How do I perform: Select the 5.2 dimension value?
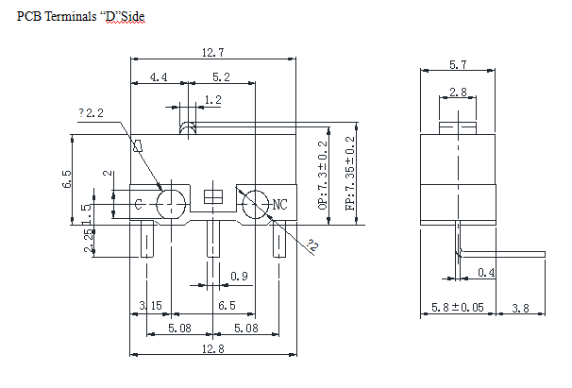(x=222, y=77)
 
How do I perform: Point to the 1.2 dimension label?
(x=212, y=99)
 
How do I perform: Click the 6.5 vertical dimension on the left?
(x=66, y=179)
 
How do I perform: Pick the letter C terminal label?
(x=139, y=204)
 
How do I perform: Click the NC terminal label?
(x=279, y=204)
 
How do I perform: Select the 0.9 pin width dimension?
(x=239, y=277)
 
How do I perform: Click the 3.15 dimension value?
(x=150, y=306)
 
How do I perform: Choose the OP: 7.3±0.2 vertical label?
(x=324, y=176)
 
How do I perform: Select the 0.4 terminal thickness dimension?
(x=485, y=273)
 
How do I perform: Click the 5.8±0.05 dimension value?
(x=458, y=307)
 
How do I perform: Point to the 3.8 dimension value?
(x=521, y=307)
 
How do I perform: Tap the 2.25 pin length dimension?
(x=89, y=242)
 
